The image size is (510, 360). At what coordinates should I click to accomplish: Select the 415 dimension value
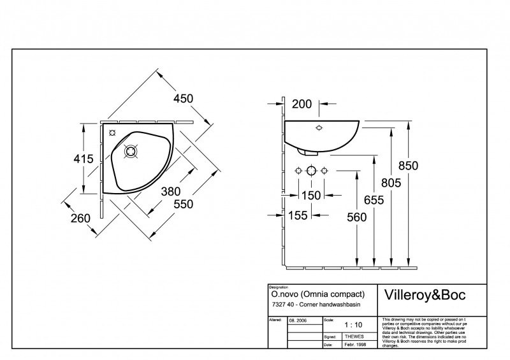(84, 159)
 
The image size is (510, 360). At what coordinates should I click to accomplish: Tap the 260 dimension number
(80, 218)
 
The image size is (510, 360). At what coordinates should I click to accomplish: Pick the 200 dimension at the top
(303, 104)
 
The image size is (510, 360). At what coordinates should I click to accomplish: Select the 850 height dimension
(408, 166)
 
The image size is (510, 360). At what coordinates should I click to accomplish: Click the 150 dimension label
(311, 195)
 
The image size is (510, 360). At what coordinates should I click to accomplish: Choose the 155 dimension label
(298, 215)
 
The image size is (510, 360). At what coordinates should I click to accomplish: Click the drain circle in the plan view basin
(131, 152)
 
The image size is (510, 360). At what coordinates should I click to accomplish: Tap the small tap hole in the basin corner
(112, 133)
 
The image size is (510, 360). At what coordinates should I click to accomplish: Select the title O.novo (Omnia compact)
(317, 294)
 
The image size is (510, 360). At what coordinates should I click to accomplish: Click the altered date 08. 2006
(298, 320)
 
